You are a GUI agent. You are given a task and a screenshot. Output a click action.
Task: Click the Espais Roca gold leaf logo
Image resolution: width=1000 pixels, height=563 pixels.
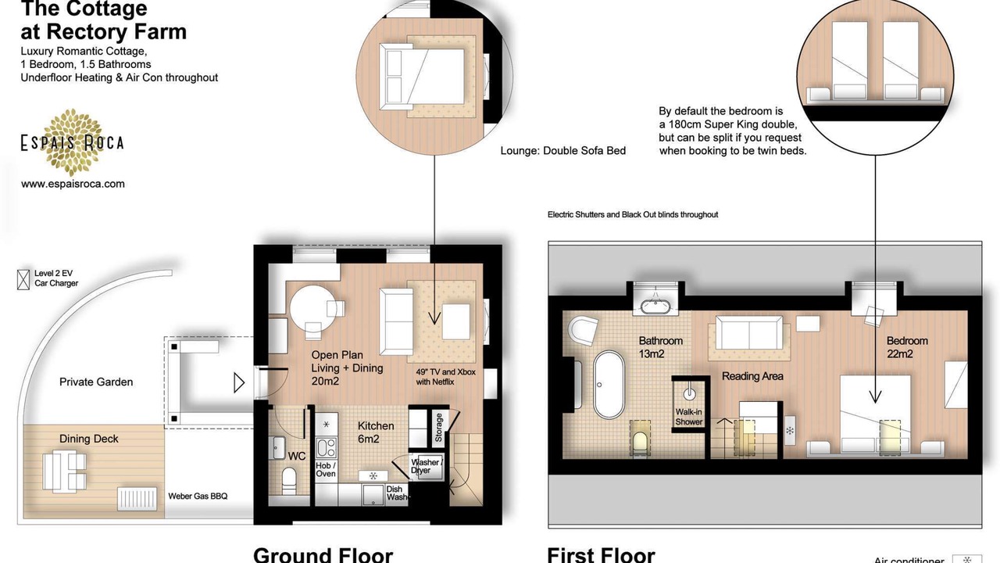(73, 142)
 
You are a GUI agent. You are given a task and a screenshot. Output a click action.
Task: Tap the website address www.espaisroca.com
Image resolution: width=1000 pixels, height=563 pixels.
(73, 184)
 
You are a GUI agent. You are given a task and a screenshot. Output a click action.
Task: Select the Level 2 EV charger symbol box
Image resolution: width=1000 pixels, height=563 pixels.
(23, 280)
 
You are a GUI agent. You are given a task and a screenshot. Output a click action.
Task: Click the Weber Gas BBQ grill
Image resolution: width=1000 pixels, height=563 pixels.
(137, 498)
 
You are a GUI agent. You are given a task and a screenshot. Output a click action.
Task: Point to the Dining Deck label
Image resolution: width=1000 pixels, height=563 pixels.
(89, 439)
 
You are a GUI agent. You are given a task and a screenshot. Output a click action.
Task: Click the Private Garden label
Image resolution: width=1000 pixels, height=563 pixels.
(96, 382)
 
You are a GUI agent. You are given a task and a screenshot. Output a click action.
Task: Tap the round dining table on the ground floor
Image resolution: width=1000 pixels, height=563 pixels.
(313, 308)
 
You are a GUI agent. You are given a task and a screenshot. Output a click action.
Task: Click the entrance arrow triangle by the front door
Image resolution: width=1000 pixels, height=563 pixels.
(239, 383)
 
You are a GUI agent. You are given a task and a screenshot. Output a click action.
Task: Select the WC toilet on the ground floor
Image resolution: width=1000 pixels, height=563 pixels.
(289, 481)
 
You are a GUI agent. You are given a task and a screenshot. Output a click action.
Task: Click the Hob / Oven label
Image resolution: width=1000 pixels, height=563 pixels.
(326, 470)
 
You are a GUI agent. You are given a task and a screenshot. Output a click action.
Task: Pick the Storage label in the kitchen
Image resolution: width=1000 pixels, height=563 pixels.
(439, 428)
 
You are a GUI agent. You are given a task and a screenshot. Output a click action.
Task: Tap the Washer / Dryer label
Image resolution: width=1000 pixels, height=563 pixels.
(427, 466)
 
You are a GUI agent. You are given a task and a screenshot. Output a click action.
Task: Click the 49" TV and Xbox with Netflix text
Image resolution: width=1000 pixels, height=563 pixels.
(445, 377)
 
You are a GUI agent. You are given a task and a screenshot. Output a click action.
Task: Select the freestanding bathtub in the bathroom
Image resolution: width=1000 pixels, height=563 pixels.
(609, 384)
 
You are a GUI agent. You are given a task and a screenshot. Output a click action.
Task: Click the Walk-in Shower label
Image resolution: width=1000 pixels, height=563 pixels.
(688, 417)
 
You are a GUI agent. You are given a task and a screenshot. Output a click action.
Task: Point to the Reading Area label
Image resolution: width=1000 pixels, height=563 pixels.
(752, 376)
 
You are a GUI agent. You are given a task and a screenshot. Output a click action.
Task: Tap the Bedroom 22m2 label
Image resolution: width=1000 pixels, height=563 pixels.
(907, 347)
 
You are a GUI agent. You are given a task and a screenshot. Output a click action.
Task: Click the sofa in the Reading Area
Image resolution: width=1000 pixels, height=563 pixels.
(749, 333)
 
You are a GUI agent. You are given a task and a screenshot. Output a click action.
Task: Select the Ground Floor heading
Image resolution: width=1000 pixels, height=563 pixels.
(323, 554)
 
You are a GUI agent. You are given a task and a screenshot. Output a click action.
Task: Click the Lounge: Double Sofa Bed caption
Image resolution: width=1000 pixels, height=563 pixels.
(563, 151)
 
